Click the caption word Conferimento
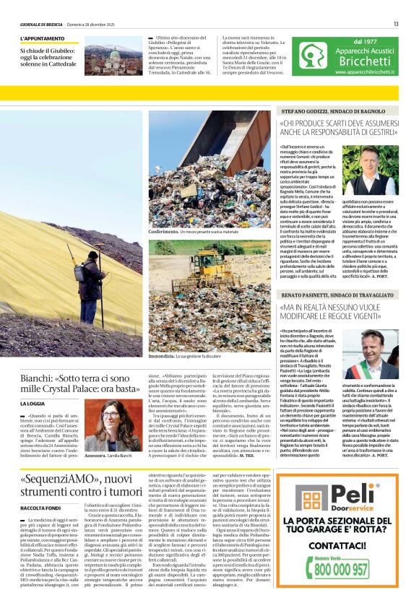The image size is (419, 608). click(x=163, y=231)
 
